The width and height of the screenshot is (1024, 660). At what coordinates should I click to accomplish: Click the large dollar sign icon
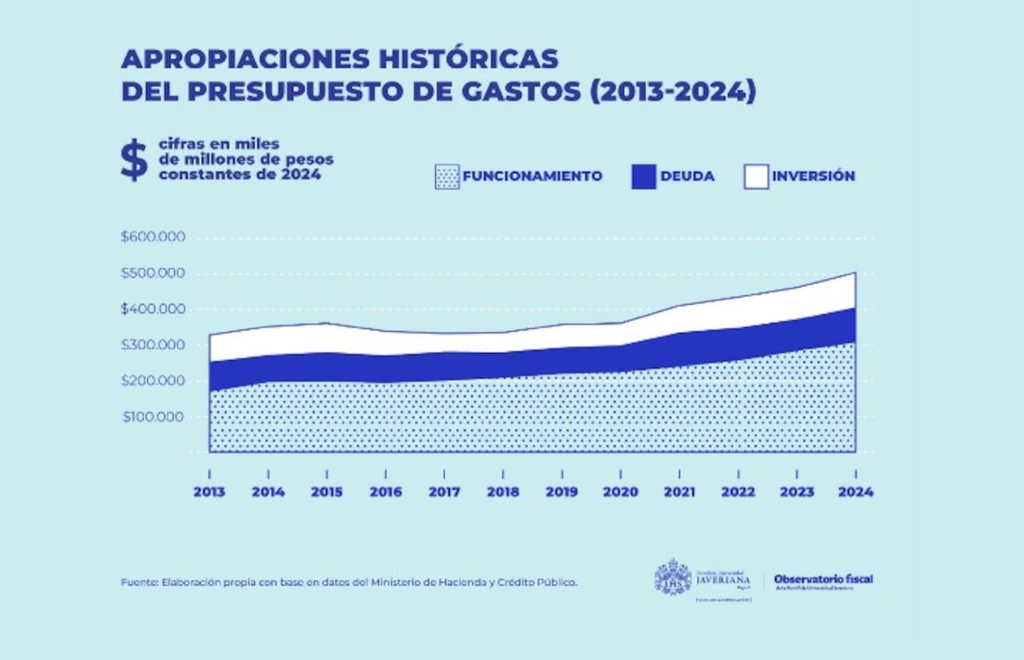pyautogui.click(x=134, y=160)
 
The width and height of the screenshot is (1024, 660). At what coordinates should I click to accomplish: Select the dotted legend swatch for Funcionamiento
pyautogui.click(x=447, y=176)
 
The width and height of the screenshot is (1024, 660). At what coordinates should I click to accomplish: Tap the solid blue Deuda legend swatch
pyautogui.click(x=643, y=176)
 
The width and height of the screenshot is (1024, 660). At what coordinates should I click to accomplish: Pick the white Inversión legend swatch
pyautogui.click(x=755, y=176)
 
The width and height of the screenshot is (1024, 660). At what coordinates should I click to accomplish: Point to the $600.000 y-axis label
pyautogui.click(x=153, y=237)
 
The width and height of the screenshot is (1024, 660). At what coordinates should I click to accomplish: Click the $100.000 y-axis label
pyautogui.click(x=153, y=417)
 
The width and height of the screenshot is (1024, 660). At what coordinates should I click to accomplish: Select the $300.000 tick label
pyautogui.click(x=153, y=345)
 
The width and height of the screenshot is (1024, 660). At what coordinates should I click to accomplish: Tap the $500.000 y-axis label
pyautogui.click(x=153, y=273)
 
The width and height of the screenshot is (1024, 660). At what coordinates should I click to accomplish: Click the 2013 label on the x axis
pyautogui.click(x=210, y=492)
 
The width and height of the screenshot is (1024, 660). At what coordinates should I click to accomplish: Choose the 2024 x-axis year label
pyautogui.click(x=856, y=492)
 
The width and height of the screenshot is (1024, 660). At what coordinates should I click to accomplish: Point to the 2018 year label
pyautogui.click(x=503, y=492)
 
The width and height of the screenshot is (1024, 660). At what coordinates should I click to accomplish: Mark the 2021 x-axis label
pyautogui.click(x=679, y=492)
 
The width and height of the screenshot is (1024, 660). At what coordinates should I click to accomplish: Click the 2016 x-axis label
pyautogui.click(x=386, y=492)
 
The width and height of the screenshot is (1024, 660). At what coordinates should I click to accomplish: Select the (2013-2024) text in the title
pyautogui.click(x=673, y=91)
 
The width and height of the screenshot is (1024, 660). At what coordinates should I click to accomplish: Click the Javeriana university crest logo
pyautogui.click(x=673, y=578)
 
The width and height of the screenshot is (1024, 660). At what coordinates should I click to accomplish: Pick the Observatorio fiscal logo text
pyautogui.click(x=823, y=579)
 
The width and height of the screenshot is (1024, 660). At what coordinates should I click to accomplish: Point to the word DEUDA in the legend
pyautogui.click(x=687, y=176)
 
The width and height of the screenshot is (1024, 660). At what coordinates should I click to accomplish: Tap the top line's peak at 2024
pyautogui.click(x=855, y=273)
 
